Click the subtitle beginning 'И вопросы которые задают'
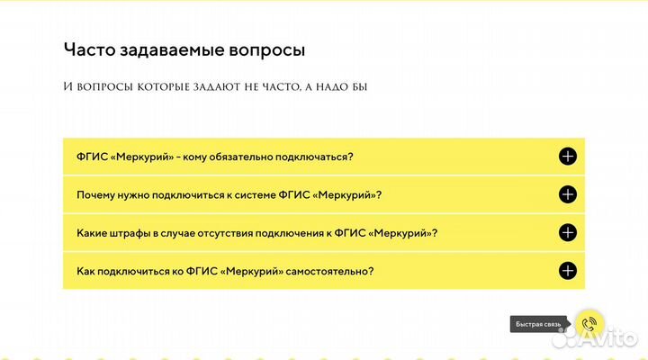click(216, 86)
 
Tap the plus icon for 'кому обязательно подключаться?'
click(567, 157)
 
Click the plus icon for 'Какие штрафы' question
click(567, 232)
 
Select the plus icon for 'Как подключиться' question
click(567, 270)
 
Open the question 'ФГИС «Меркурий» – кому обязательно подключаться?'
click(215, 157)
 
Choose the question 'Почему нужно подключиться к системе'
click(229, 194)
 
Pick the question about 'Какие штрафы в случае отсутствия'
click(257, 232)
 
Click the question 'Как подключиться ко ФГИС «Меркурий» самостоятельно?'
click(225, 270)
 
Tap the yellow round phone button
click(590, 322)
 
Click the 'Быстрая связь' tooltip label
click(538, 323)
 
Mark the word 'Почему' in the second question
click(95, 194)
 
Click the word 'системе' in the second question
click(260, 194)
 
